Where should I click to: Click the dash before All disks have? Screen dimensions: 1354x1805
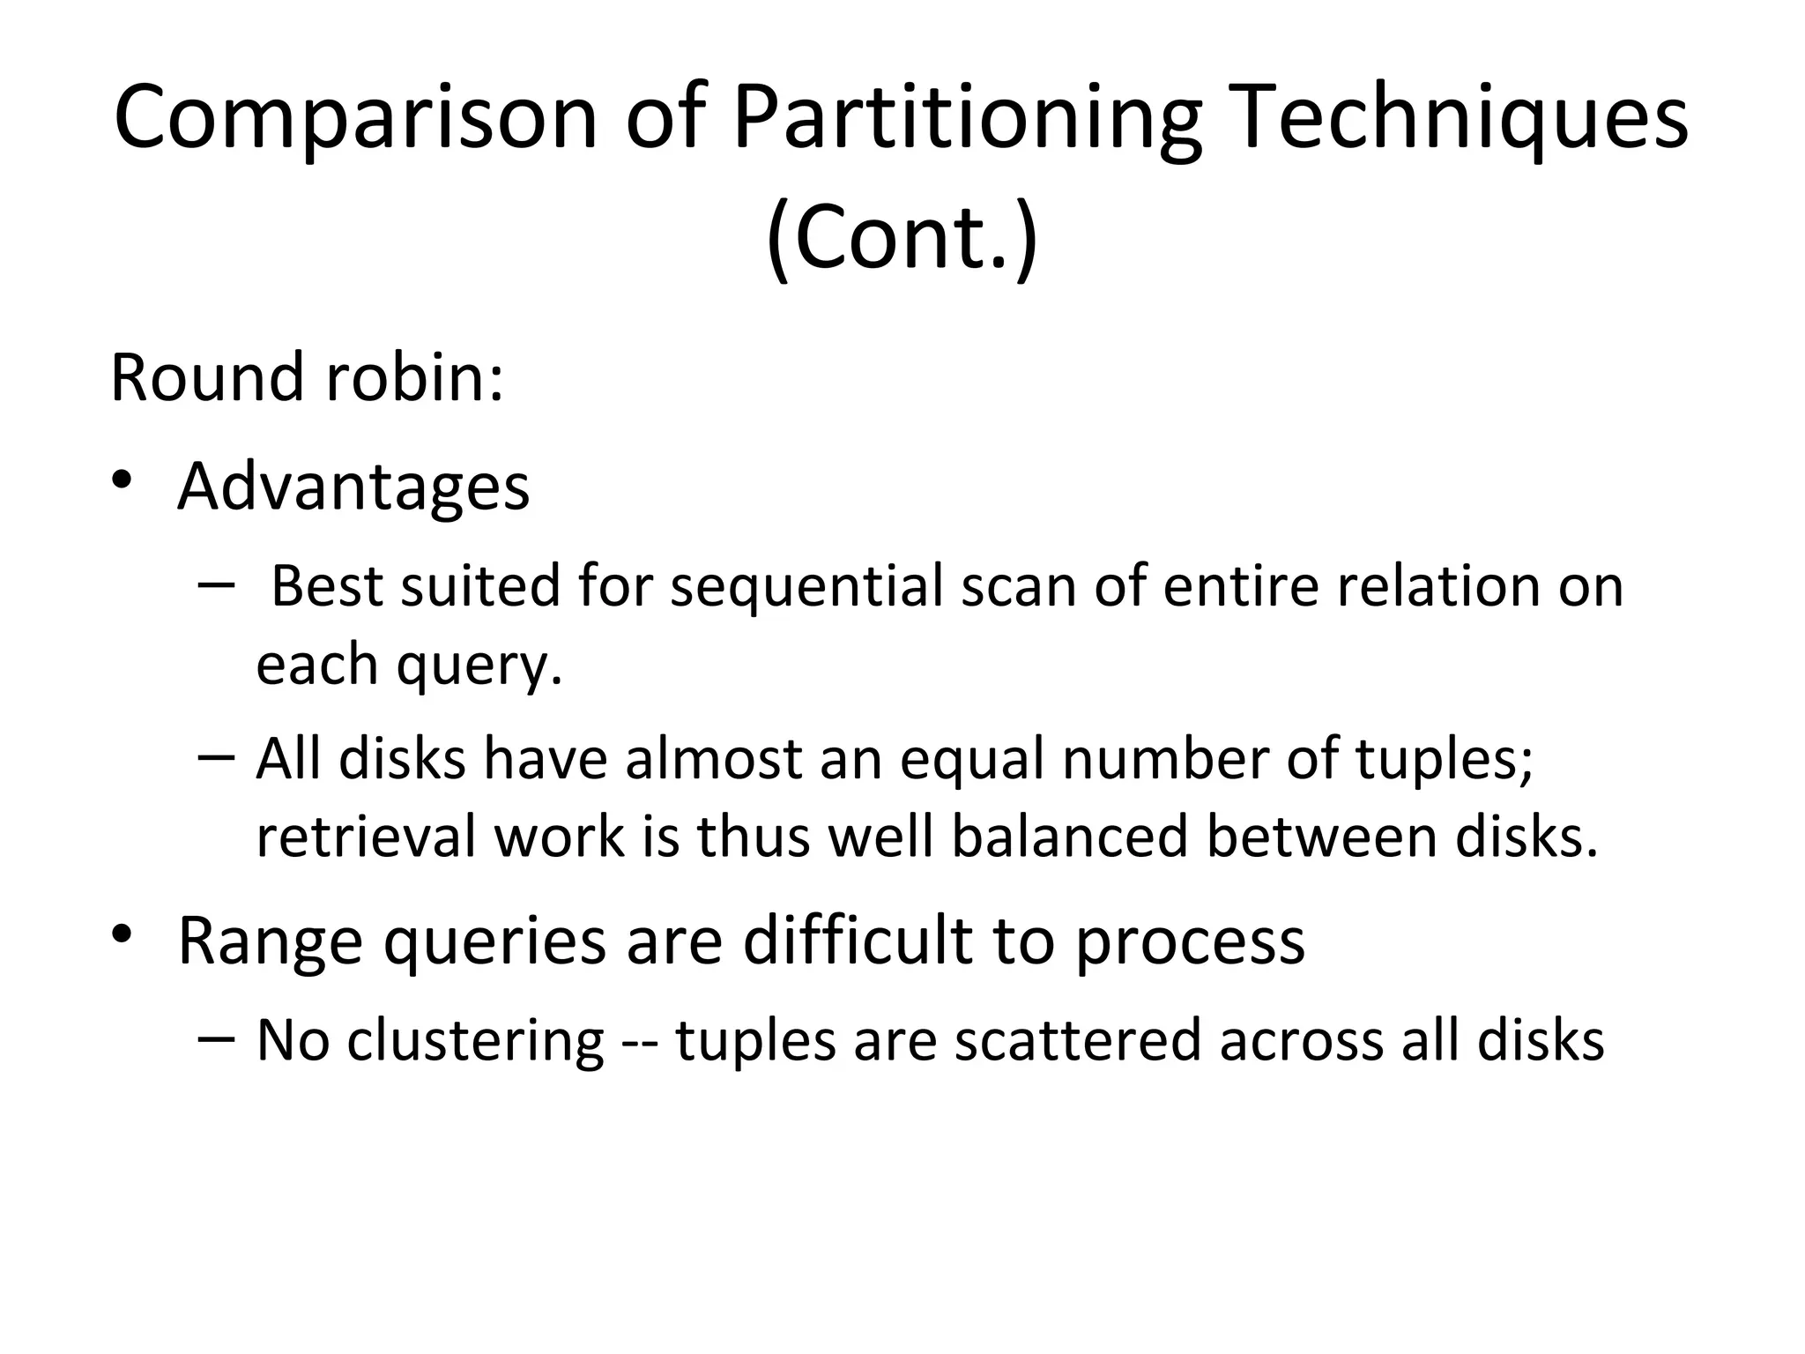(217, 757)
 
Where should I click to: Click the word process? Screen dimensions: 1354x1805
(1190, 942)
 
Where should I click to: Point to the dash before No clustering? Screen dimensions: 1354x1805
(217, 1038)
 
